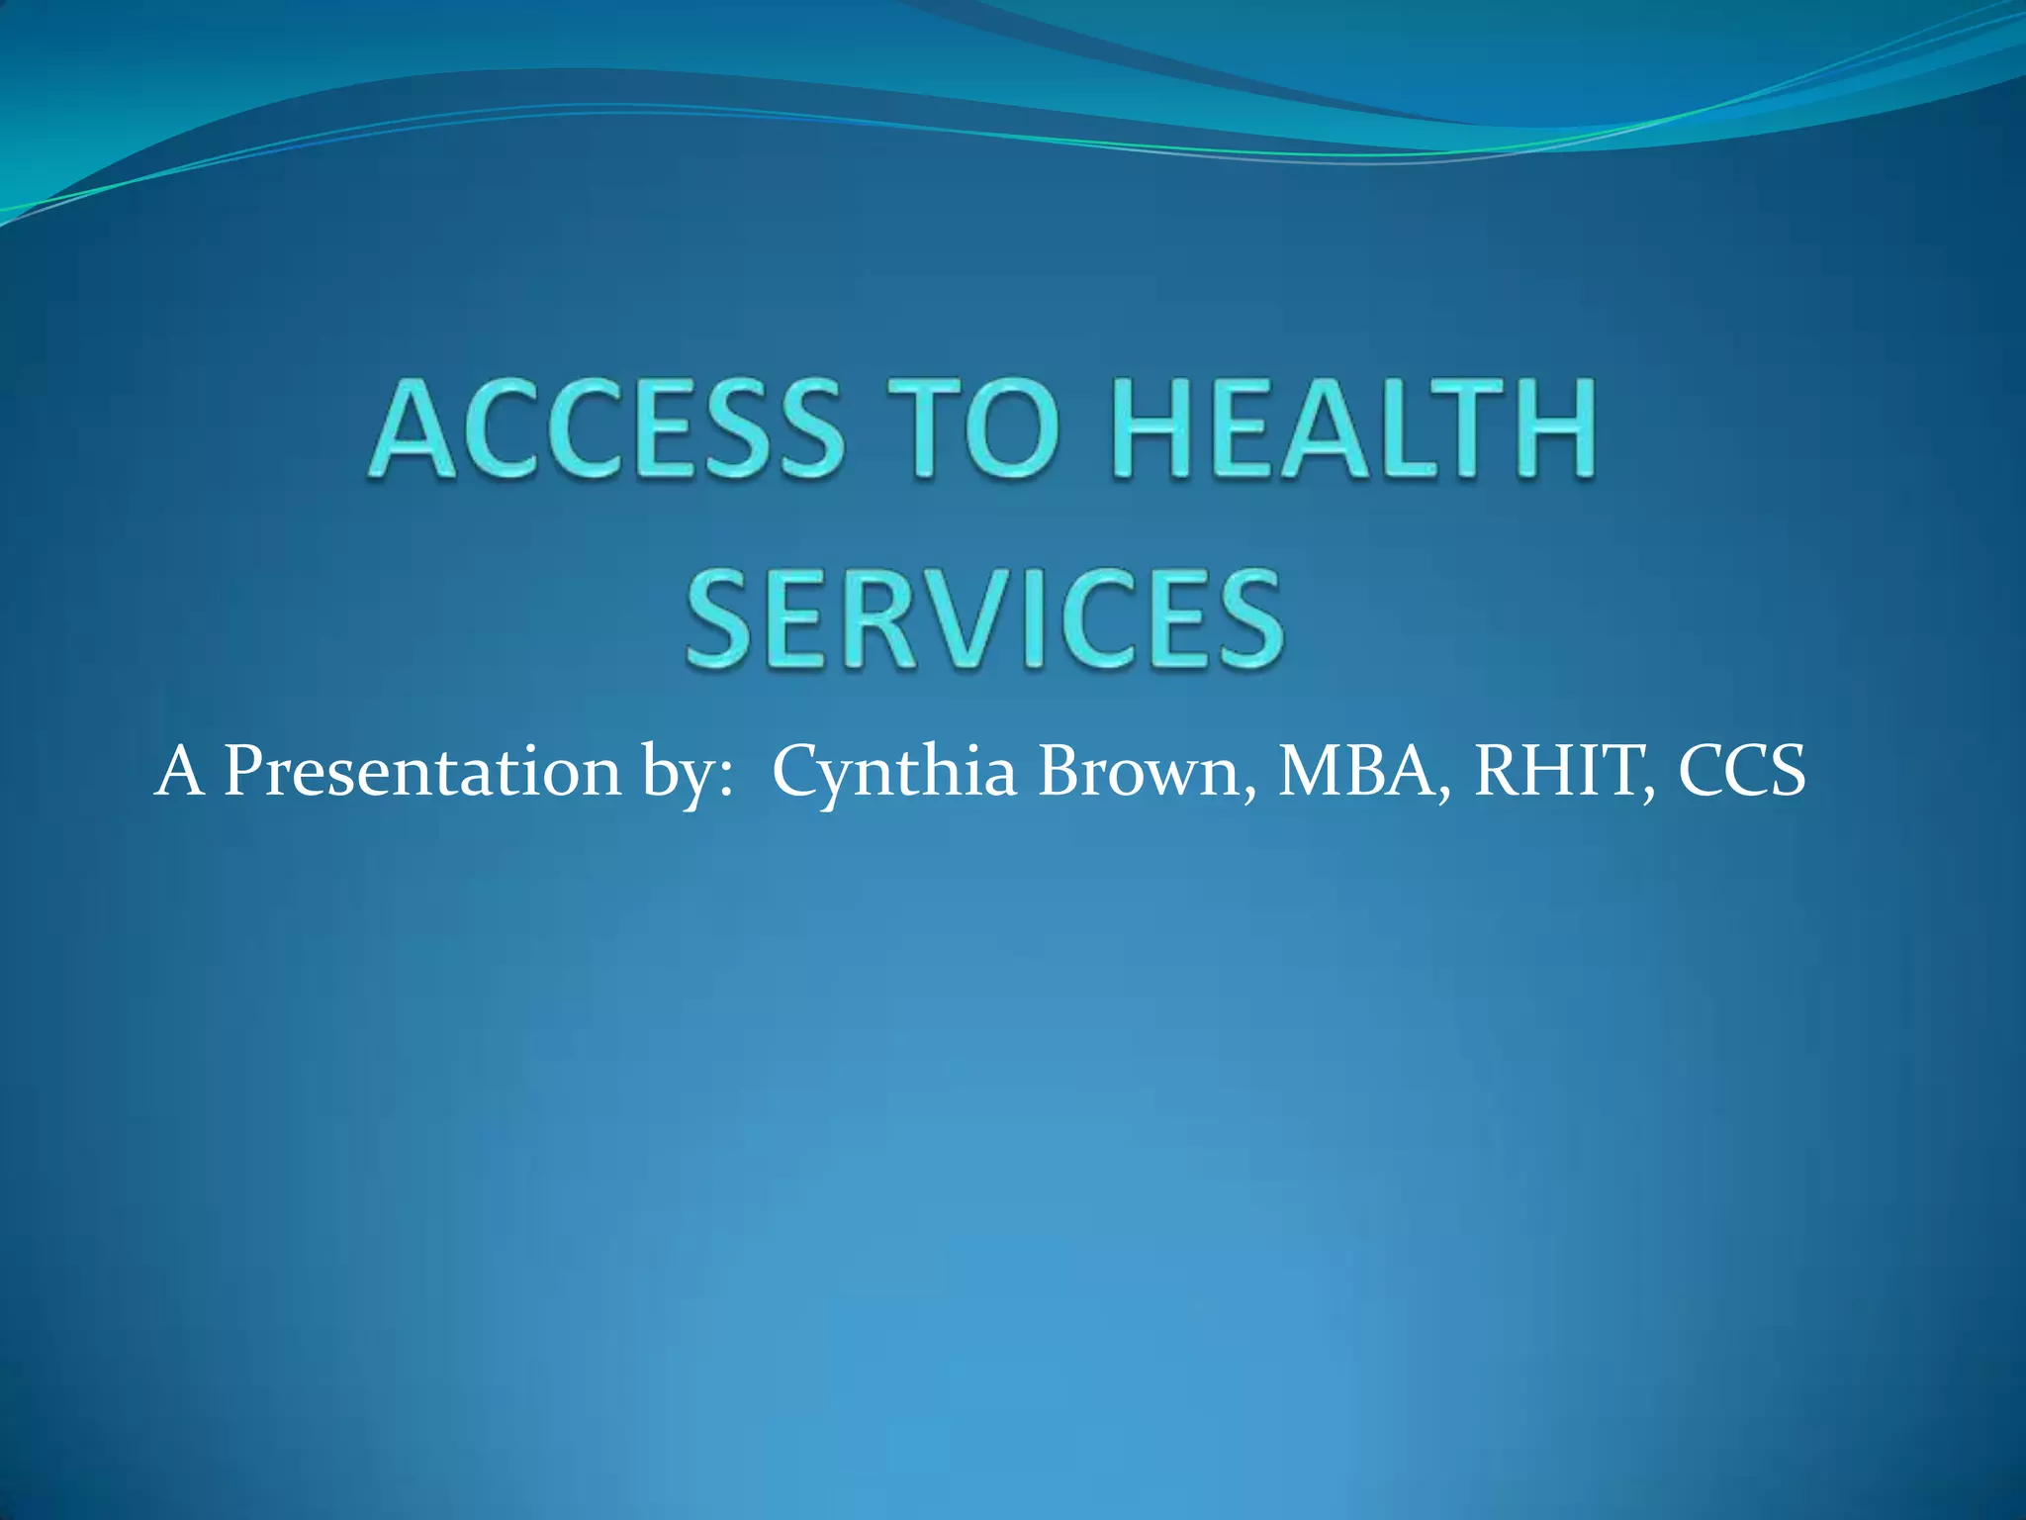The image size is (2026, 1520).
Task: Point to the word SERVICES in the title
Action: (x=985, y=619)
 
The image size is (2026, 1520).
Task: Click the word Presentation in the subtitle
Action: (x=421, y=772)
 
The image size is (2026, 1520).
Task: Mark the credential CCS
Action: (x=1741, y=772)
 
